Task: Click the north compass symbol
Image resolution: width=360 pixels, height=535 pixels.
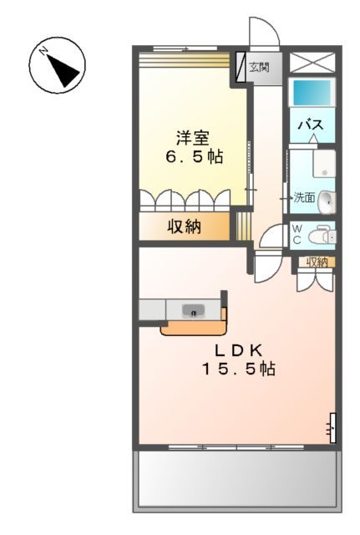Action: [58, 67]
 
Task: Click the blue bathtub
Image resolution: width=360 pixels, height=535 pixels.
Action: [312, 92]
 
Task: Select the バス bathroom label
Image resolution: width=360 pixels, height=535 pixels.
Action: [312, 125]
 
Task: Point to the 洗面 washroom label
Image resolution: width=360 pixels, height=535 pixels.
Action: [303, 198]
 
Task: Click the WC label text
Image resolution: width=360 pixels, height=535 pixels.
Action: [297, 235]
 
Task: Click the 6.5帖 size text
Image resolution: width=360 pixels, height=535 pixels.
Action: [193, 156]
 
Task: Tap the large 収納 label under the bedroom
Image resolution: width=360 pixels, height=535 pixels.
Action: [185, 227]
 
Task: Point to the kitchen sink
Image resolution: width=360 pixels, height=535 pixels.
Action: [195, 312]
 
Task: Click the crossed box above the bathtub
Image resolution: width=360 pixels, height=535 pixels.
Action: [312, 64]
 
